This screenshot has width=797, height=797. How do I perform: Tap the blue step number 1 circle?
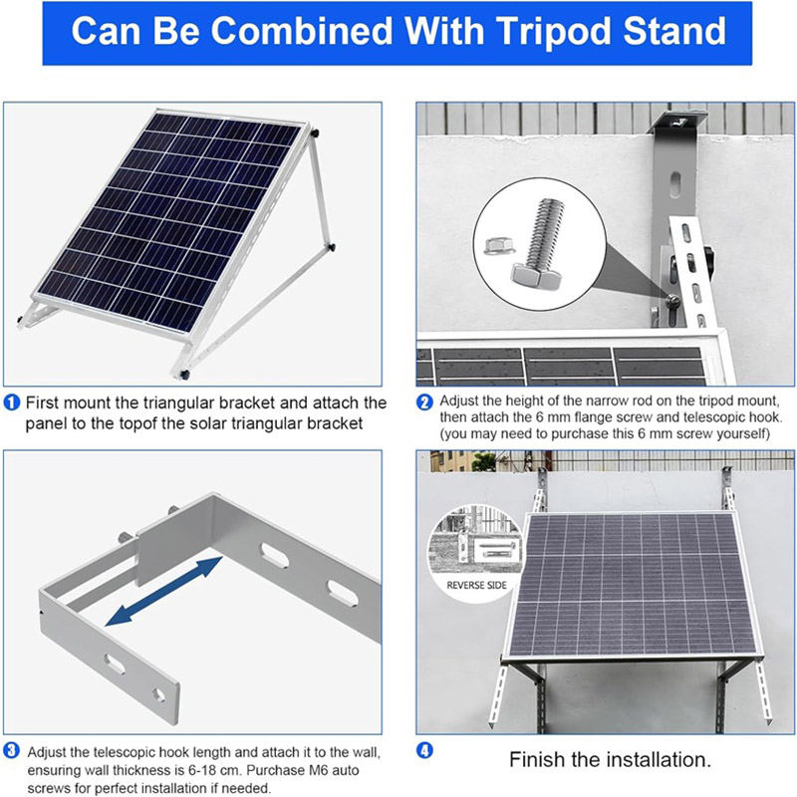[x=12, y=402]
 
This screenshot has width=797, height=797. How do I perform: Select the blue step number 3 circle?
[x=12, y=750]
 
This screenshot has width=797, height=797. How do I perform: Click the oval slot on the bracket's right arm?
[x=342, y=592]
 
